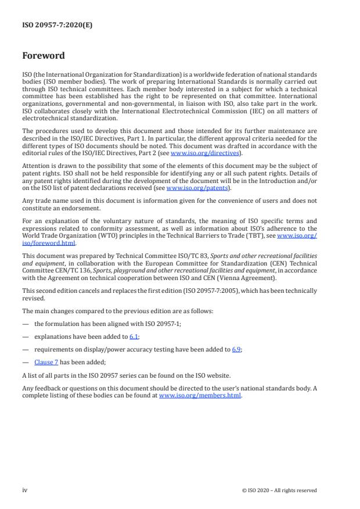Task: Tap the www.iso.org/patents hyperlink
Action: pos(189,188)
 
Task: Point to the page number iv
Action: pos(25,490)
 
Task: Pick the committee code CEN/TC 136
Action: pos(60,268)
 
